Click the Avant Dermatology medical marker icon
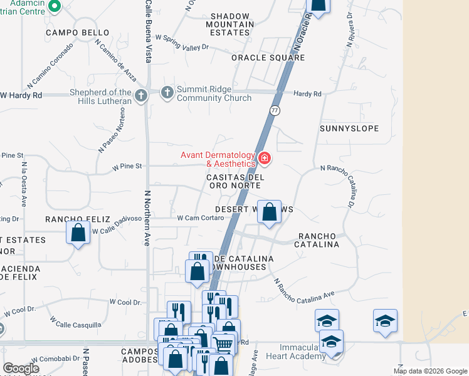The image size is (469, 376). point(265,158)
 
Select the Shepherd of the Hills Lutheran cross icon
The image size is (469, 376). point(141,96)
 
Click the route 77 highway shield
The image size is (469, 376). point(275,110)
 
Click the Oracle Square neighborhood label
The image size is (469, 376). point(268,58)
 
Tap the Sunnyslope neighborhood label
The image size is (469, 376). point(349,128)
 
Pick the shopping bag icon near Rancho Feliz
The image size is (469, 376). point(78,233)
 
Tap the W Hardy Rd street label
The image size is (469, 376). point(21,95)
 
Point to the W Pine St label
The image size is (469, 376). point(127,167)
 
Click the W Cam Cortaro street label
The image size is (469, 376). point(201,218)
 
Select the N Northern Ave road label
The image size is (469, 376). point(147,217)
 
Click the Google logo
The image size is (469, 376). point(21,368)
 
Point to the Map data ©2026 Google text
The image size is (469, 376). point(429,371)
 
